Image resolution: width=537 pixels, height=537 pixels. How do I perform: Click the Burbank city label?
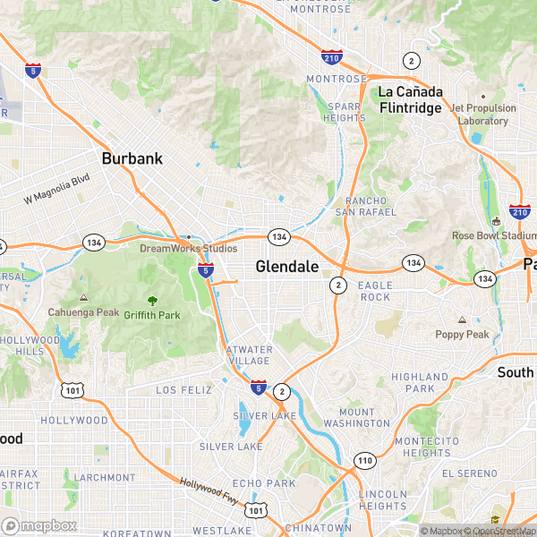(x=132, y=158)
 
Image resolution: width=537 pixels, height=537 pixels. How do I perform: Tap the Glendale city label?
(x=286, y=266)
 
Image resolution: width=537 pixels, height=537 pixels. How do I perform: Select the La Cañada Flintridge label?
(x=410, y=99)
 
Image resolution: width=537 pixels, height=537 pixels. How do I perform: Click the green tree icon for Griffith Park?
(x=152, y=301)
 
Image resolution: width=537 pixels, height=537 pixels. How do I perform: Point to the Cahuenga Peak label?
(x=83, y=312)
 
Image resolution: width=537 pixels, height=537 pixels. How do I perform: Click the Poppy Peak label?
(x=462, y=334)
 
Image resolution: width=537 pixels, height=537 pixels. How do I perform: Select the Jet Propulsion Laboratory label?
(x=483, y=115)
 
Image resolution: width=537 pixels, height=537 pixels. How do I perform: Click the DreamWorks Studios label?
(x=188, y=248)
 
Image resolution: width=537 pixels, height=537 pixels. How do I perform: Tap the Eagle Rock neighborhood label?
(x=374, y=290)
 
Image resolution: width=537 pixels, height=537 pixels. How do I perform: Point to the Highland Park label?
(x=419, y=382)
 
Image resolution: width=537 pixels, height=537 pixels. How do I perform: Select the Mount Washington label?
(x=356, y=417)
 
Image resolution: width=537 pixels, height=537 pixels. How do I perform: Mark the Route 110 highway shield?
(x=364, y=461)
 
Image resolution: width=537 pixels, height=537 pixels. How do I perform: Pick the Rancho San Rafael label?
(x=365, y=205)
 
